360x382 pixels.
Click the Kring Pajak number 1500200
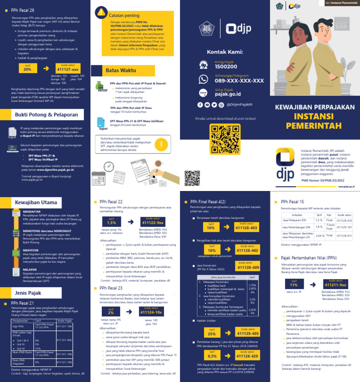pyautogui.click(x=225, y=67)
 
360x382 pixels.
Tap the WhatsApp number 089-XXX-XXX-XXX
pyautogui.click(x=239, y=81)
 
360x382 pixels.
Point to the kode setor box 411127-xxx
pyautogui.click(x=68, y=69)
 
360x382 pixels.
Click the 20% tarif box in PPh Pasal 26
pyautogui.click(x=28, y=69)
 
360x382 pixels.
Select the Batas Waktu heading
pyautogui.click(x=117, y=70)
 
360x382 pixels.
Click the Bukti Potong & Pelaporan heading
pyautogui.click(x=46, y=115)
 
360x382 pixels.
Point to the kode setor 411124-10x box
pyautogui.click(x=151, y=312)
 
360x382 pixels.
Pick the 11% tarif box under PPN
pyautogui.click(x=294, y=284)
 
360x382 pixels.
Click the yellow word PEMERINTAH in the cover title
pyautogui.click(x=308, y=126)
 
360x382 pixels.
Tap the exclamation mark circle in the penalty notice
pyautogui.click(x=162, y=144)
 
